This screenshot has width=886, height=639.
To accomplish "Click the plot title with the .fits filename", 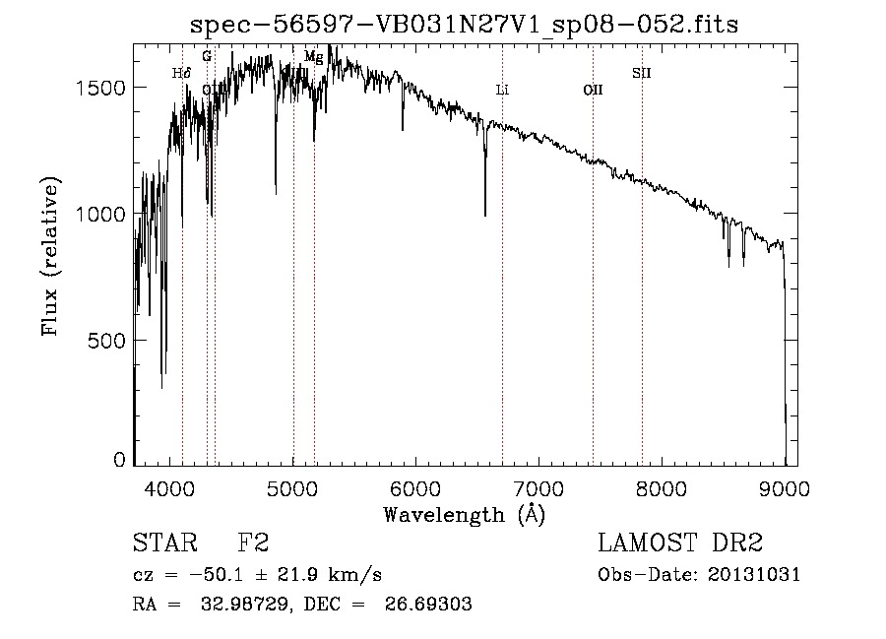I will (465, 23).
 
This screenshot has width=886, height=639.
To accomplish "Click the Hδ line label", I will (181, 73).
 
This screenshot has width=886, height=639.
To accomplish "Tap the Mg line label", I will (313, 57).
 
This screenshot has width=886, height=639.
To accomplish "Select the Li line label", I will (502, 90).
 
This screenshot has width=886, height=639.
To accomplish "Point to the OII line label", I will (593, 90).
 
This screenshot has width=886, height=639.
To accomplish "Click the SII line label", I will (642, 73).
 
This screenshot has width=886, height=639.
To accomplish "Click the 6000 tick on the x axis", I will (416, 488).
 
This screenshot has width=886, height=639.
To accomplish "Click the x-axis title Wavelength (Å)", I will (464, 514).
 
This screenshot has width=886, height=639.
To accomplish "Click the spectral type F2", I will (253, 543).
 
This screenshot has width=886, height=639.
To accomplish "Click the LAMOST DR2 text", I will (680, 543).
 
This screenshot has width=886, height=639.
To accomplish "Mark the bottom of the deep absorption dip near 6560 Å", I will (484, 215).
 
